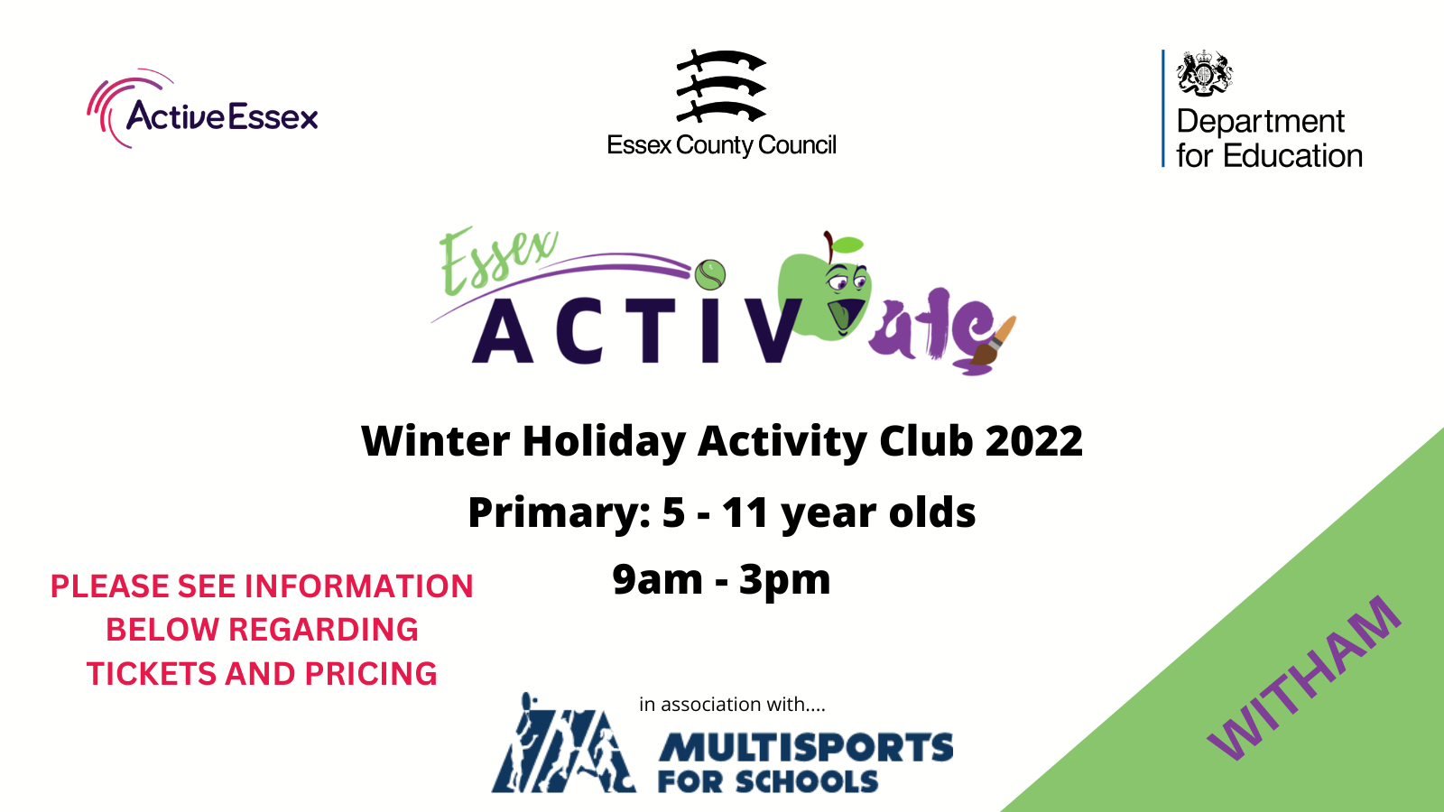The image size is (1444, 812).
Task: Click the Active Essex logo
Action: (202, 109)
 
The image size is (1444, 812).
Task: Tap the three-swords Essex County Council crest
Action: (721, 86)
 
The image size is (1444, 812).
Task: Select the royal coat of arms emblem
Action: (1204, 73)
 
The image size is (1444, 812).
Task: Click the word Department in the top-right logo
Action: (1260, 122)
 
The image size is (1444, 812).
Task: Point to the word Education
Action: (1292, 156)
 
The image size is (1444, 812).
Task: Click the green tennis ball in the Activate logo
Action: (709, 275)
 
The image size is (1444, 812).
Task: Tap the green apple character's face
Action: (825, 293)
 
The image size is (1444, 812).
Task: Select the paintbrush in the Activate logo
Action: (993, 341)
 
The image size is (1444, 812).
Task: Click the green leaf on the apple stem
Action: (847, 245)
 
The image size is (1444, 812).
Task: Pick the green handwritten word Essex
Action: (497, 259)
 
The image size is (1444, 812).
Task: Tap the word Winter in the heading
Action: (436, 441)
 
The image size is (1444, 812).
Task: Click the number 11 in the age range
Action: (745, 513)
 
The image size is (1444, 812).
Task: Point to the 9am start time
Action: (658, 578)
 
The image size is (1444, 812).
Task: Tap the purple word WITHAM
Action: (1304, 678)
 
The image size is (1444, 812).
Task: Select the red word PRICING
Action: (371, 674)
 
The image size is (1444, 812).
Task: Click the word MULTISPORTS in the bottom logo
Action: (805, 748)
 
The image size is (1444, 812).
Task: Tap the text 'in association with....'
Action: (732, 705)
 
